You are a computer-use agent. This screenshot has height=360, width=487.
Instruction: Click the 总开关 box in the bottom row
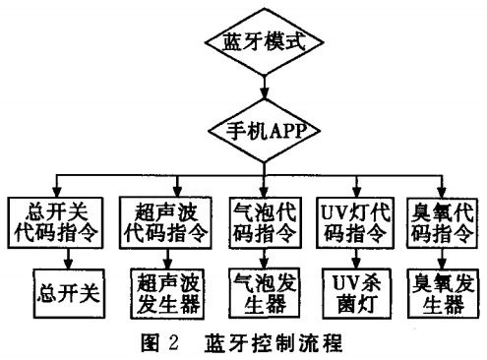pos(69,292)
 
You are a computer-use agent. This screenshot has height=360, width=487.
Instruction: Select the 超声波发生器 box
pos(166,292)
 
